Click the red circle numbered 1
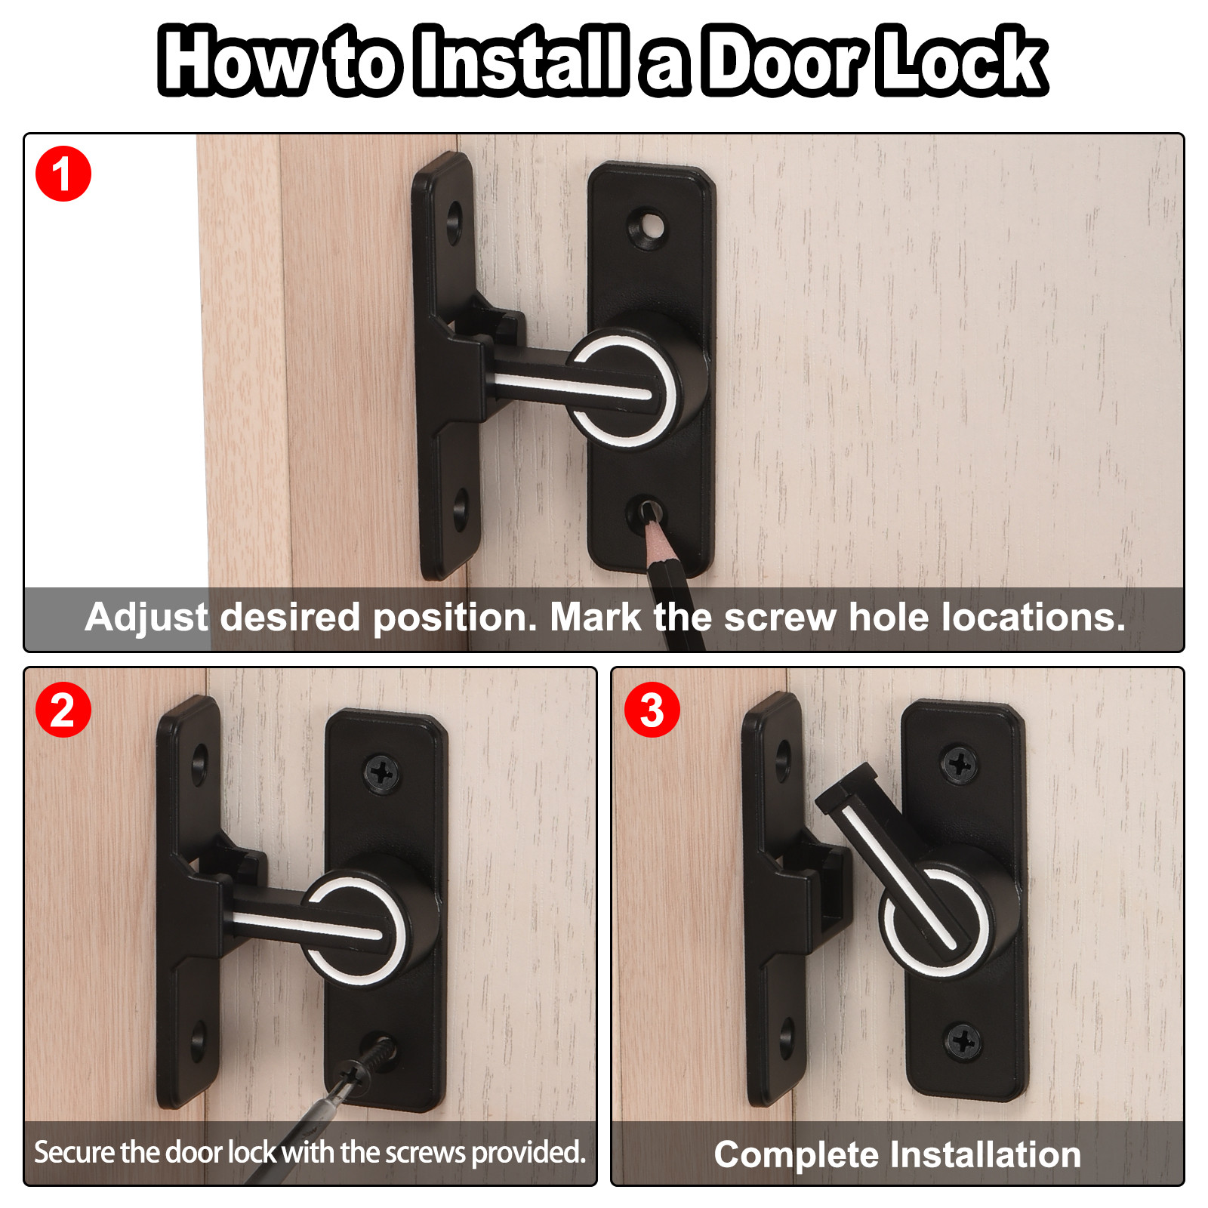tap(63, 174)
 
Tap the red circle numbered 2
tap(63, 710)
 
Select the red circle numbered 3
tap(652, 710)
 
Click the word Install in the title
tap(522, 60)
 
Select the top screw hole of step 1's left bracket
tap(455, 222)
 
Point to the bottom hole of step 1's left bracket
tap(461, 509)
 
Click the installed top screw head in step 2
tap(383, 773)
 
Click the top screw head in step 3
tap(960, 766)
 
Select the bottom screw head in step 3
tap(964, 1043)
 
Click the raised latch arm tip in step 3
tap(846, 787)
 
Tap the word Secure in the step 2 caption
tap(74, 1153)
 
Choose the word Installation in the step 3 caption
tap(986, 1154)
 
